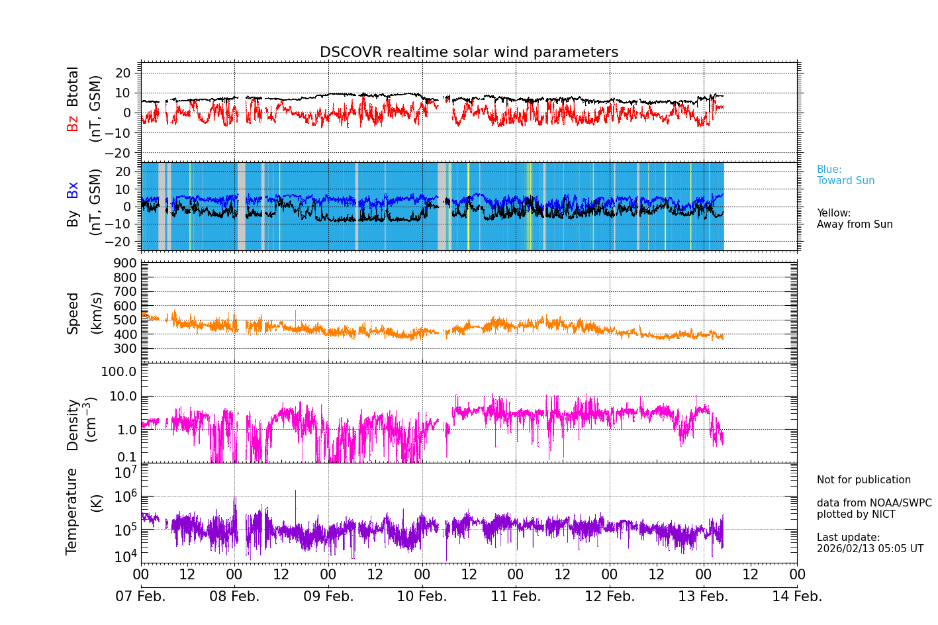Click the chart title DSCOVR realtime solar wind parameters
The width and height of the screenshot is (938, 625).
pos(469,52)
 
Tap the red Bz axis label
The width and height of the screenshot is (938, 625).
pos(73,123)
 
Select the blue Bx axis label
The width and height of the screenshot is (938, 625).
pos(73,189)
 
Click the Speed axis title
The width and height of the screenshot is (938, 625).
pos(73,313)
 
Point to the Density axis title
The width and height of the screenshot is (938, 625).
pos(73,424)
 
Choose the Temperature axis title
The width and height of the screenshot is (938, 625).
pos(72,510)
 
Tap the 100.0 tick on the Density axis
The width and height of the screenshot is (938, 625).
pos(118,371)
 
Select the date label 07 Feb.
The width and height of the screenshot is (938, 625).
pos(140,597)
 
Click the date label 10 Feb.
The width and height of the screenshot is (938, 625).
pos(422,597)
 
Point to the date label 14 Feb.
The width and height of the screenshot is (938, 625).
pos(797,597)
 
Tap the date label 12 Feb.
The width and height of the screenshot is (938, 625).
pos(609,597)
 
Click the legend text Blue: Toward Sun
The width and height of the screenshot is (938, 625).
pos(845,175)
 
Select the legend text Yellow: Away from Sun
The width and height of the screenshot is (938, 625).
pos(854,219)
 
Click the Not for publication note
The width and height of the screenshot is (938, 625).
pos(863,480)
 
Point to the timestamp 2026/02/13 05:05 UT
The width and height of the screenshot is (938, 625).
pos(869,549)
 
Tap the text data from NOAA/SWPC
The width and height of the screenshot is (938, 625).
pos(874,503)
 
